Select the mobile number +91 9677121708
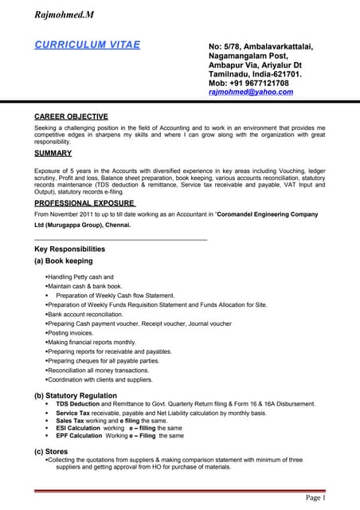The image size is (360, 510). [x=248, y=83]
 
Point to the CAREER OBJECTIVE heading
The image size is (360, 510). [x=71, y=116]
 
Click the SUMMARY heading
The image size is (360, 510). [x=53, y=153]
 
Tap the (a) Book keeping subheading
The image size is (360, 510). [x=64, y=261]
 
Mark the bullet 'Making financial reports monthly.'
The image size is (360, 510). [x=91, y=342]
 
